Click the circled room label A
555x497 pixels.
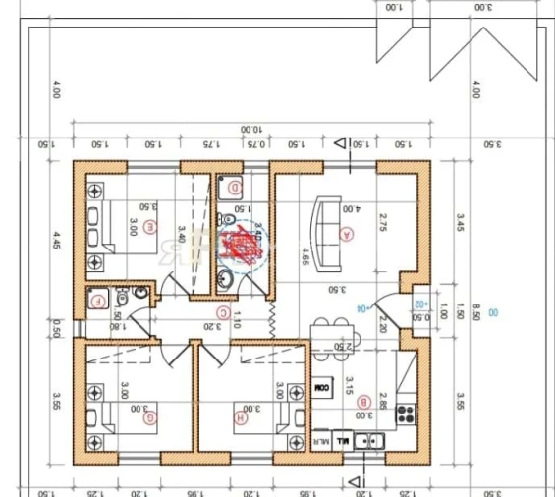coord(345,234)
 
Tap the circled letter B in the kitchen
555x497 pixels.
coord(363,402)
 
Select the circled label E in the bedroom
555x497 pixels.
coord(149,228)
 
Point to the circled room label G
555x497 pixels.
coord(149,418)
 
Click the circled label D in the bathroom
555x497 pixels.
coord(235,187)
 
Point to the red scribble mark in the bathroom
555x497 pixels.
coord(241,244)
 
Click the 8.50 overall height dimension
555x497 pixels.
coord(475,311)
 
